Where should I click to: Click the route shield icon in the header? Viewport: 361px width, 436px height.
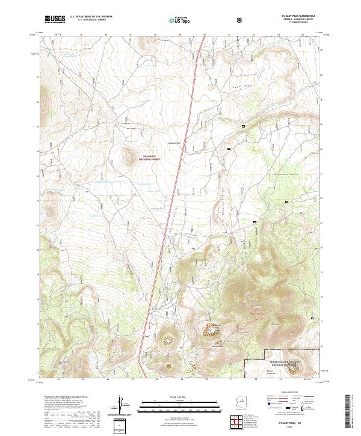coord(239,20)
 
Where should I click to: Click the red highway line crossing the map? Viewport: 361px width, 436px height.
coord(174,192)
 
